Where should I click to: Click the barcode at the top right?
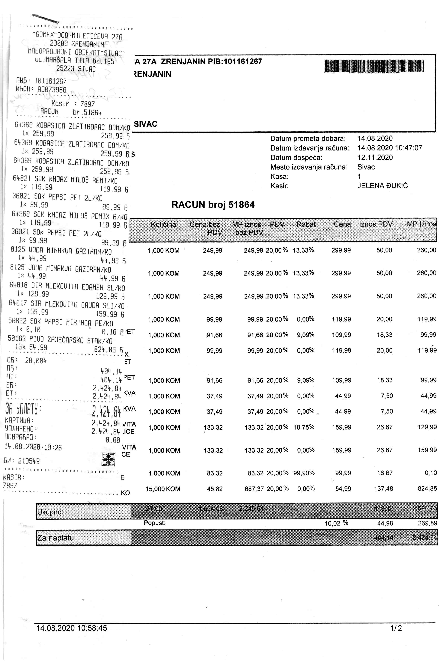(374, 66)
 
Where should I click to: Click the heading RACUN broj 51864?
(213, 205)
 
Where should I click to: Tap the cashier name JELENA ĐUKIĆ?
(383, 186)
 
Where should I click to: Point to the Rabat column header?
(306, 224)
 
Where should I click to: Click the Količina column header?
(163, 224)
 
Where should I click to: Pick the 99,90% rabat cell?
(304, 473)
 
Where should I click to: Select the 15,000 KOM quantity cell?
(163, 489)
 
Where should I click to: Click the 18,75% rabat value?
(304, 427)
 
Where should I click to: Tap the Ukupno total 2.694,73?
(425, 509)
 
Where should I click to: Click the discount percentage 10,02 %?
(336, 523)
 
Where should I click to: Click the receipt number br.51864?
(87, 113)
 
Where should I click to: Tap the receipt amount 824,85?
(105, 350)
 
